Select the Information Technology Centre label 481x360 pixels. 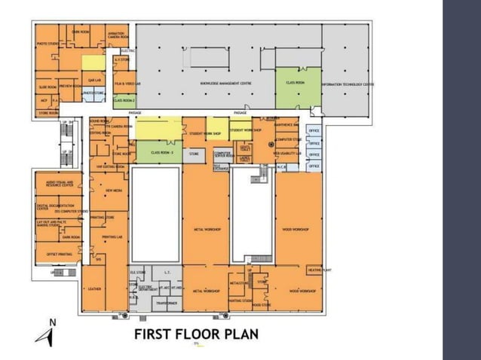pyautogui.click(x=348, y=84)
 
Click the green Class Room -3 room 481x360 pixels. pyautogui.click(x=162, y=152)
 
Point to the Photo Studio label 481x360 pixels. pyautogui.click(x=47, y=44)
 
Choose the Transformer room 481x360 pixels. pyautogui.click(x=166, y=303)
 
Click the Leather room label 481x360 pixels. pyautogui.click(x=94, y=288)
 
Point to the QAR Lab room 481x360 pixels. pyautogui.click(x=95, y=78)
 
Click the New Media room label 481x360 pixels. pyautogui.click(x=114, y=191)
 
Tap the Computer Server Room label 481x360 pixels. pyautogui.click(x=224, y=154)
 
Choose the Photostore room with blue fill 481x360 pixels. pyautogui.click(x=94, y=93)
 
